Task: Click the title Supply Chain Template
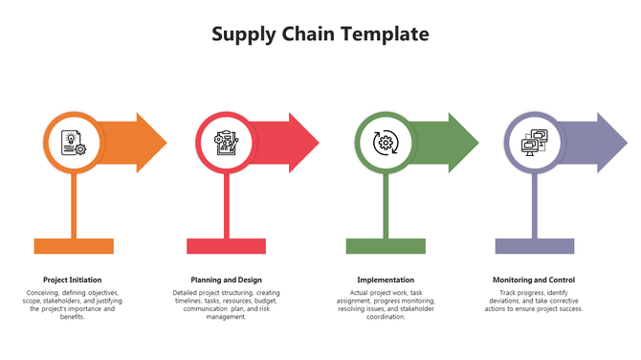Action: (320, 35)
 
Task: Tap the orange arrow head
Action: (151, 143)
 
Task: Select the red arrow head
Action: (303, 143)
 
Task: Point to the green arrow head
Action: (463, 143)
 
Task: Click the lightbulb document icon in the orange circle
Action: (73, 143)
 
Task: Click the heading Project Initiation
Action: (73, 280)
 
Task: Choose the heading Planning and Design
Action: (226, 280)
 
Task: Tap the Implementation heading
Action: (386, 280)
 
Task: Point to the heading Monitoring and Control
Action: (535, 280)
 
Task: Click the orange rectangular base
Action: (73, 246)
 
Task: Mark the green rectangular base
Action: (386, 246)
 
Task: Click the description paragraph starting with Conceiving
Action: (73, 304)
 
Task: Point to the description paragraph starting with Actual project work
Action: (386, 304)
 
